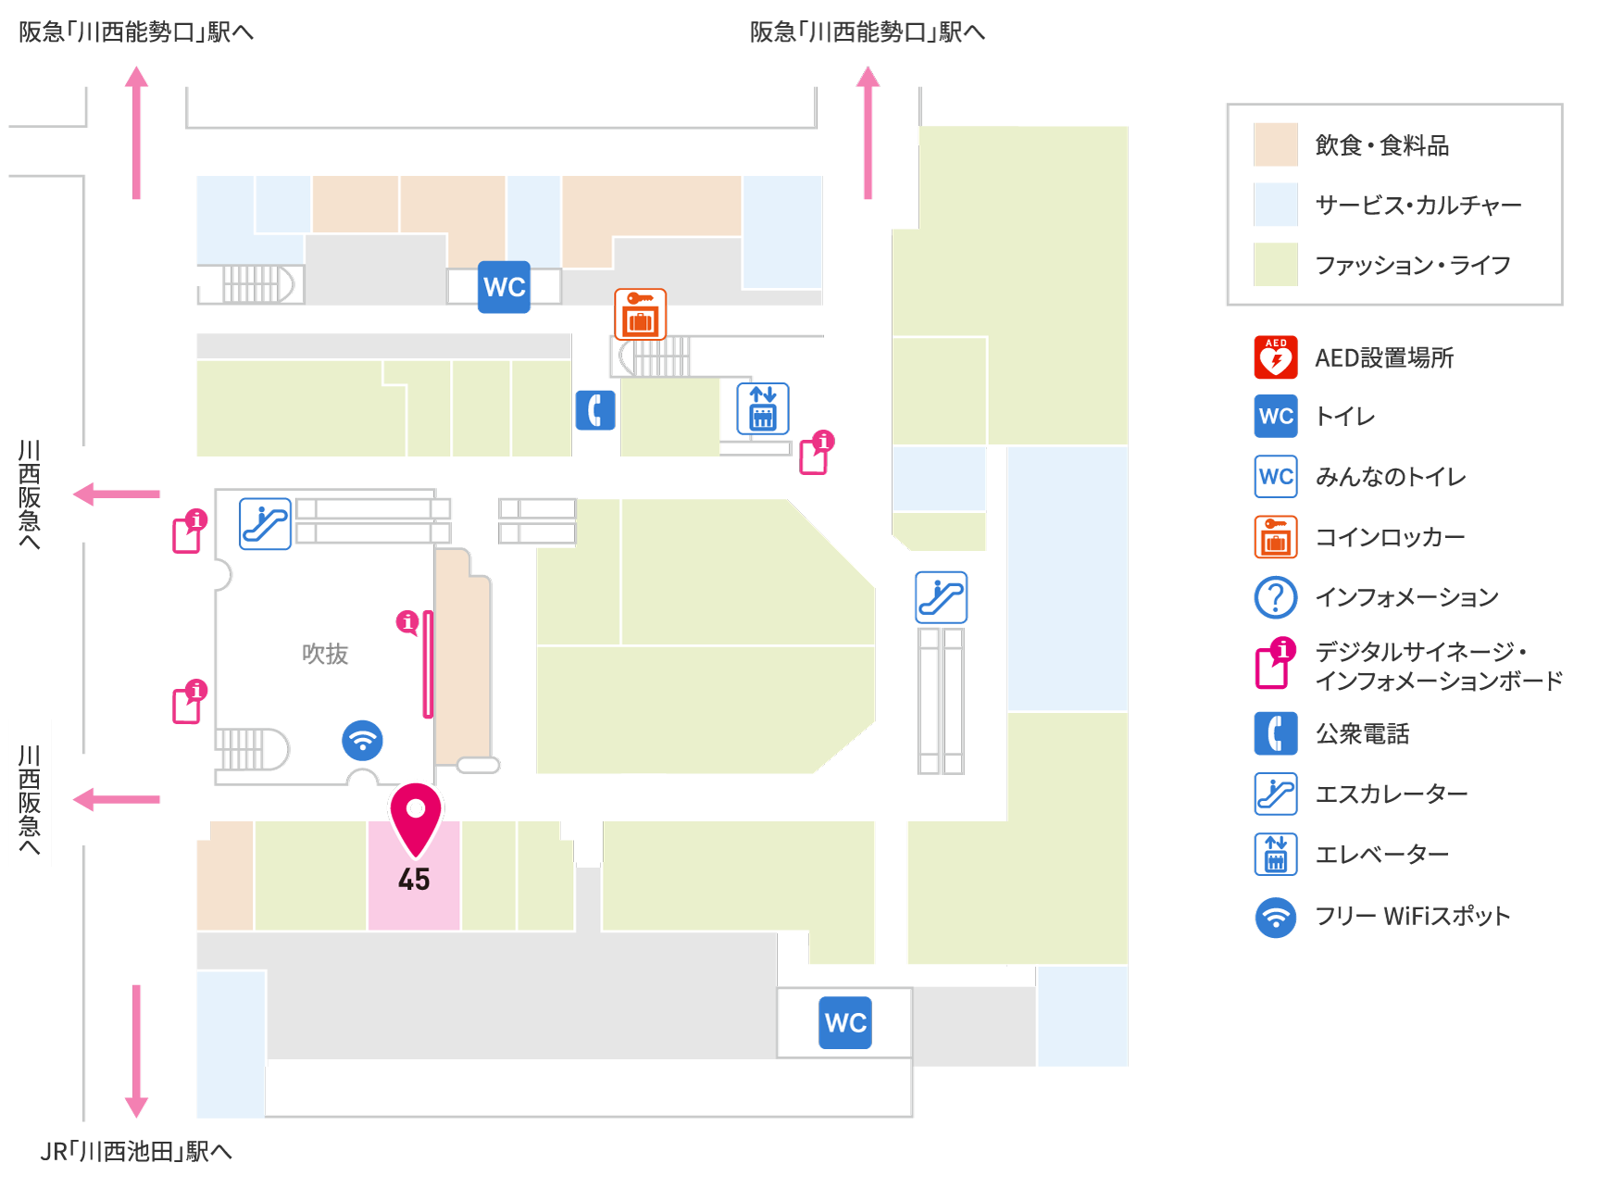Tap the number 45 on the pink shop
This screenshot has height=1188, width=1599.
coord(414,880)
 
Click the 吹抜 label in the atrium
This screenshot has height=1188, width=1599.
coord(325,654)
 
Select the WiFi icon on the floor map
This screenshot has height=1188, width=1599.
coord(362,740)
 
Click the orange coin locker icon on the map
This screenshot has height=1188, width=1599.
coord(641,314)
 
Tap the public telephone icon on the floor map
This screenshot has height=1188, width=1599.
coord(595,410)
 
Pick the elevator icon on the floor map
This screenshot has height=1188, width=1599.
coord(763,408)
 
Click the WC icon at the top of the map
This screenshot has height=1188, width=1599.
coord(505,287)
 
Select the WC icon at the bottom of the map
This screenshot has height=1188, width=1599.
coord(845,1022)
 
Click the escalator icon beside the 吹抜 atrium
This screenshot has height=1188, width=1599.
coord(266,524)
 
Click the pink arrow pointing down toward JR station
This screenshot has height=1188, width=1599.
coord(136,1051)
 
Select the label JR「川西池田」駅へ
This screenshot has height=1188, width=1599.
coord(136,1151)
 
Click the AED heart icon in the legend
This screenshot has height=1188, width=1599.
coord(1276,357)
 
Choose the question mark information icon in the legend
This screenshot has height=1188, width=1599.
coord(1276,597)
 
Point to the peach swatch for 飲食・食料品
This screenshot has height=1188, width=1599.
coord(1276,144)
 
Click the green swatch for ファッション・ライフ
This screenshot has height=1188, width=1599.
coord(1276,265)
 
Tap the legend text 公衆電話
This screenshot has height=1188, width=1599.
coord(1363,734)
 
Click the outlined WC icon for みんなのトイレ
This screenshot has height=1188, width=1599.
coord(1276,477)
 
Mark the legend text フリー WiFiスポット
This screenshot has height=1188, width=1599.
coord(1413,916)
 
